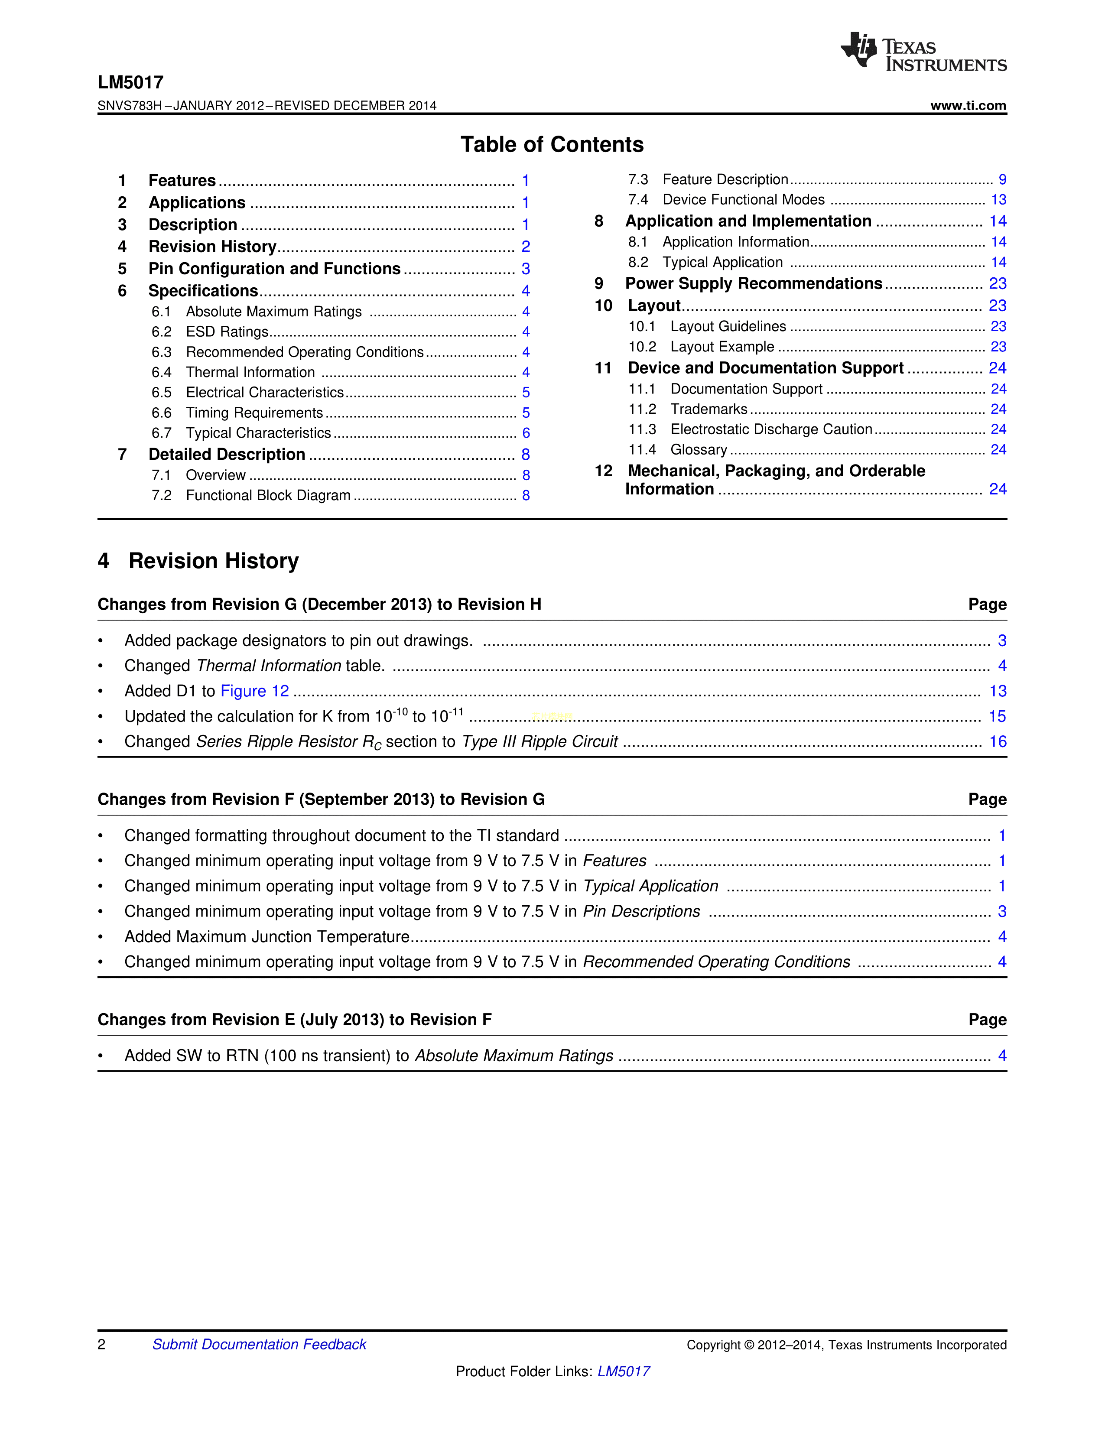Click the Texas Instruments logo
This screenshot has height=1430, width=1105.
(x=923, y=52)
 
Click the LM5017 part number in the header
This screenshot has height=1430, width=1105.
(x=130, y=82)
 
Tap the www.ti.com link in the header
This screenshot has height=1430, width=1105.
(x=968, y=105)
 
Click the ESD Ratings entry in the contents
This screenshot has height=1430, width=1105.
(x=227, y=332)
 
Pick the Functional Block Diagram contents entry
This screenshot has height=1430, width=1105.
(x=268, y=496)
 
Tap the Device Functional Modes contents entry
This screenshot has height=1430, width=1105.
(x=743, y=200)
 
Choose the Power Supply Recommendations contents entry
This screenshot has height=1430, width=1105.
(x=754, y=283)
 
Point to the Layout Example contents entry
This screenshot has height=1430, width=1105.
(x=722, y=347)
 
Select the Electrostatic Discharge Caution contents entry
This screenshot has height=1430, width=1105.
(x=771, y=429)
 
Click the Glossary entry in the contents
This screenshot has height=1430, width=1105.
(x=699, y=450)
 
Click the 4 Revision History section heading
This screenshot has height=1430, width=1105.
(x=198, y=561)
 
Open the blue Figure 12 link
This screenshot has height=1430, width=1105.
(x=255, y=692)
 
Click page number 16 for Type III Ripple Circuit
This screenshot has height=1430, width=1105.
(x=997, y=742)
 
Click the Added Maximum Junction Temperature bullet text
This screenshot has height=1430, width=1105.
(x=267, y=937)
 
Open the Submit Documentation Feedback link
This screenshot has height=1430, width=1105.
(x=259, y=1344)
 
